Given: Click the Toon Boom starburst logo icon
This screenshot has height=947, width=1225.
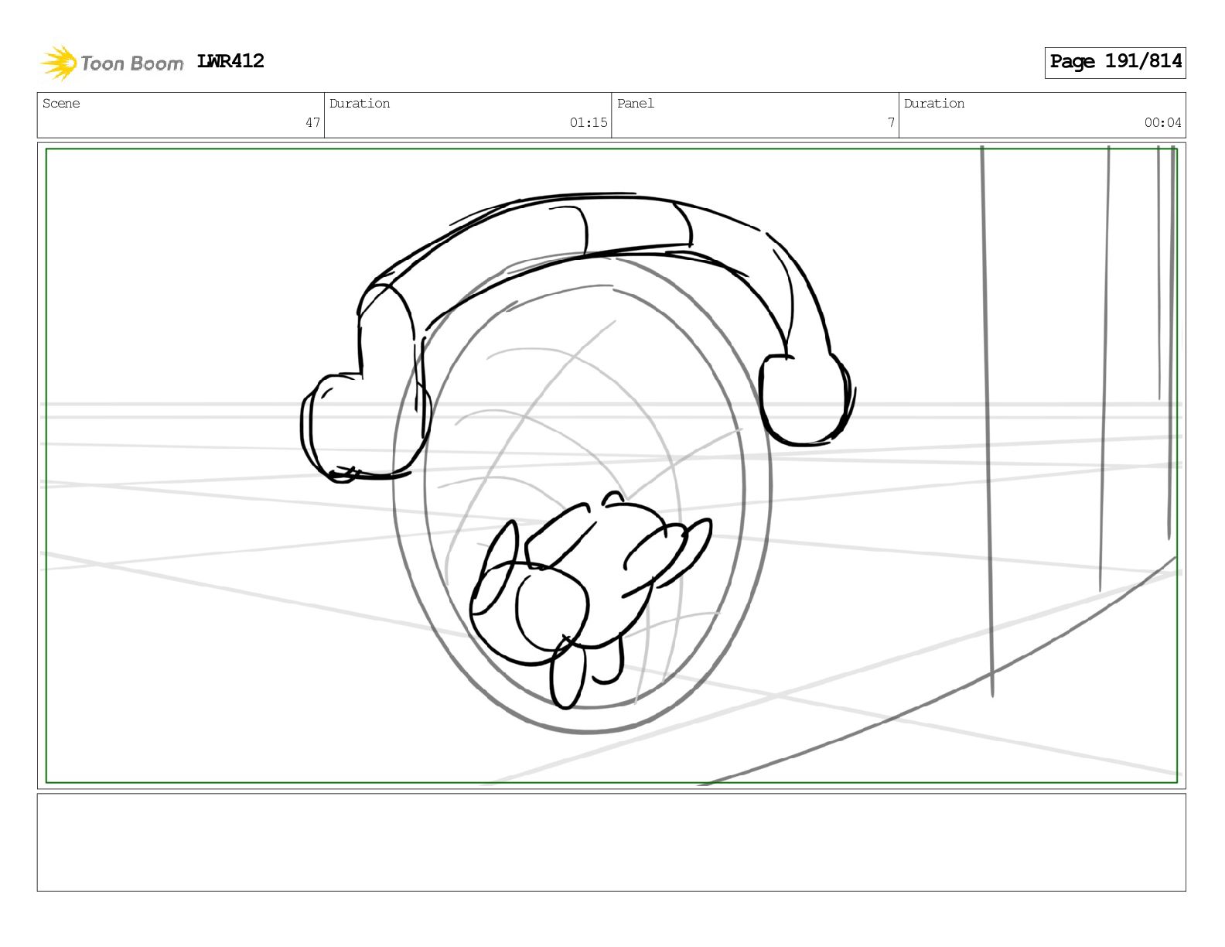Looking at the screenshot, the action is coord(59,63).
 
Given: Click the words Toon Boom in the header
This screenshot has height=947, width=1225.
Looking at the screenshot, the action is coord(132,63).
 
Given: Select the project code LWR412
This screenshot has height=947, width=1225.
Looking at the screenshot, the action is coord(230,61).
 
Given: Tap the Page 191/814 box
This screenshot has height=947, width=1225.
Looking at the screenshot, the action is coord(1114,63).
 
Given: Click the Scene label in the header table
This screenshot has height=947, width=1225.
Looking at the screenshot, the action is coord(61,103).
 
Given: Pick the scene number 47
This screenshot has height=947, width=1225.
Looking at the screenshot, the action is coord(313,122).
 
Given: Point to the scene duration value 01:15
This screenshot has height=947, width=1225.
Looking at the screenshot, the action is coord(588,122).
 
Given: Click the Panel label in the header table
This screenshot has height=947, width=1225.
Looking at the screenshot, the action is coord(636,103).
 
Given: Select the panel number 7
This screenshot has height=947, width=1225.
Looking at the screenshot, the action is coord(891,122).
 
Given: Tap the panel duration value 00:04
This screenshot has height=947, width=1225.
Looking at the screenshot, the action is coord(1162,122).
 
